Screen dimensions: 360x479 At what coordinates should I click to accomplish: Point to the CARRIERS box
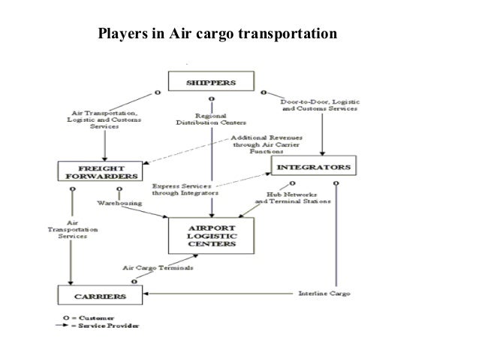(96, 296)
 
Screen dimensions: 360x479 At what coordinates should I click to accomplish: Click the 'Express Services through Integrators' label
(183, 189)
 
